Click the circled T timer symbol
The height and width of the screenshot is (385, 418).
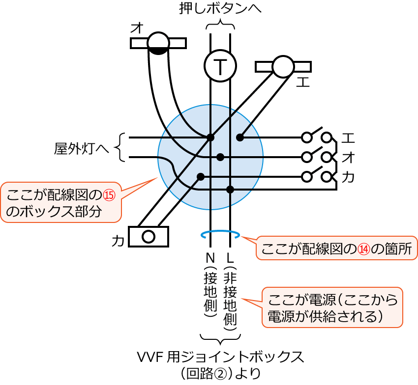click(x=220, y=66)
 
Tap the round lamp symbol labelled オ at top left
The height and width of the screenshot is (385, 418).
click(x=158, y=43)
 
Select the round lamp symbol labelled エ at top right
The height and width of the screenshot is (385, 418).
click(x=283, y=66)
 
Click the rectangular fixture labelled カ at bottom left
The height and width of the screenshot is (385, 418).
click(x=148, y=237)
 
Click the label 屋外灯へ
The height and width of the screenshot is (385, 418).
click(x=81, y=148)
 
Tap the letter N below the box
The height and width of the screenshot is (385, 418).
click(x=210, y=257)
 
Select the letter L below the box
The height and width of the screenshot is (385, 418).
click(x=230, y=257)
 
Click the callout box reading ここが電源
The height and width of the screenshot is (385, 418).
click(x=332, y=307)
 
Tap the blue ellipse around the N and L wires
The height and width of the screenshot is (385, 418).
click(x=220, y=235)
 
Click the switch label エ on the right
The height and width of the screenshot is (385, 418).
click(x=348, y=137)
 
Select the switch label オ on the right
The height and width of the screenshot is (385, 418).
click(x=348, y=157)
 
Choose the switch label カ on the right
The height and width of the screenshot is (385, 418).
click(x=348, y=177)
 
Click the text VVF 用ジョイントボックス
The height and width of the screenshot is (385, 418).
click(x=220, y=357)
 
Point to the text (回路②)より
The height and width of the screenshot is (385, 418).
click(x=220, y=374)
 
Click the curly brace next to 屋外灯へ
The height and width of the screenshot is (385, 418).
click(x=121, y=147)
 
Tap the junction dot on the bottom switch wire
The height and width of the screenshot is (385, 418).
click(x=230, y=190)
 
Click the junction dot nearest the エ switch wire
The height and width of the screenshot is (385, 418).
click(x=240, y=137)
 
